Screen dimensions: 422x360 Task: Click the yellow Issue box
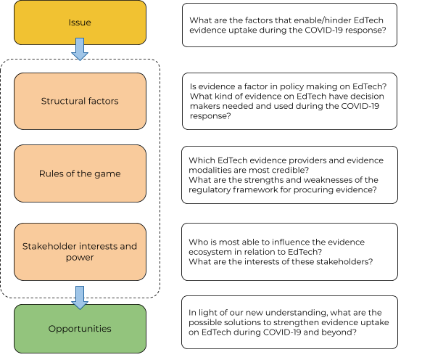[x=80, y=22]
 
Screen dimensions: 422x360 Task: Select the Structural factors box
[x=80, y=101]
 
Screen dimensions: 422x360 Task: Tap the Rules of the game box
[x=80, y=173]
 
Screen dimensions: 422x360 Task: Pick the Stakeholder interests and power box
[x=80, y=252]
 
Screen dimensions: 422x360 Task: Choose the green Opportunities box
[x=80, y=329]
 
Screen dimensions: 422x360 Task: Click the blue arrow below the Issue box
[x=80, y=49]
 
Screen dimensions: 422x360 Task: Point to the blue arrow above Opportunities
[x=80, y=298]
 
